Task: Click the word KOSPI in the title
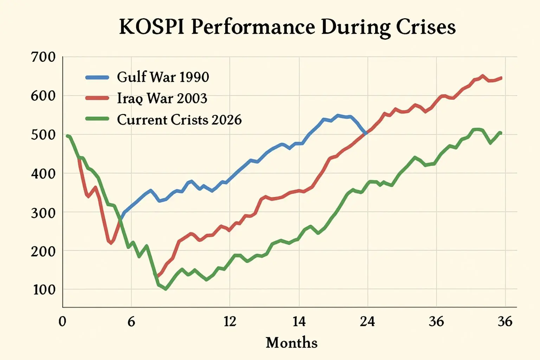152,27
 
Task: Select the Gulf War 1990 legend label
163,77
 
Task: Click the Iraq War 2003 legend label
162,98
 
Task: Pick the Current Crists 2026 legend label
179,120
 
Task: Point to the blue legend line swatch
97,77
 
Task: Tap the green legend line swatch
97,119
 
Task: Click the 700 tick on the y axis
43,57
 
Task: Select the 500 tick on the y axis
43,135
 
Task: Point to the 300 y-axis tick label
43,213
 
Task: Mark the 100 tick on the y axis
44,290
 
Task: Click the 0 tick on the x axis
63,321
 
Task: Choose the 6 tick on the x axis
131,321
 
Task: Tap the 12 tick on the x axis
230,321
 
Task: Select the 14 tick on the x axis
299,321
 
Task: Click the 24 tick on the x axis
367,321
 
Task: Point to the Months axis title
291,342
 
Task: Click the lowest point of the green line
166,289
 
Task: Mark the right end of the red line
501,78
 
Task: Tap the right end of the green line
500,133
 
